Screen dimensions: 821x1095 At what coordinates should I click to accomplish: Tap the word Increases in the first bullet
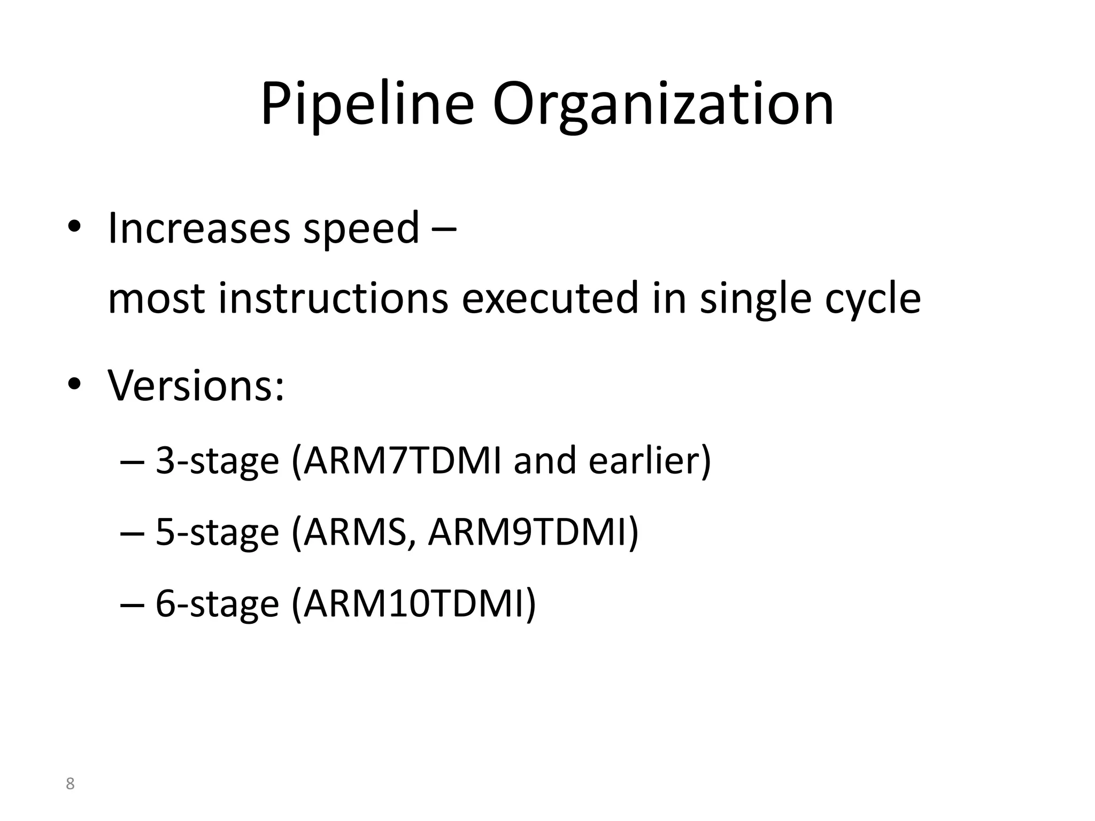199,228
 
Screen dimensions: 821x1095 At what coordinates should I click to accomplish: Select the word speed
361,230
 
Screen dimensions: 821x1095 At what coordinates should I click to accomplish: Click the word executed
550,298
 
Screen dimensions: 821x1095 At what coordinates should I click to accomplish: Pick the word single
756,299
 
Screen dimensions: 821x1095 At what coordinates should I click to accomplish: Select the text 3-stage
217,461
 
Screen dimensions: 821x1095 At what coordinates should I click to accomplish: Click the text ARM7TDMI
402,461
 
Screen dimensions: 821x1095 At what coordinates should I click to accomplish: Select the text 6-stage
217,603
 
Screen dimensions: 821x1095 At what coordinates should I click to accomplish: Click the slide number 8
70,784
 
